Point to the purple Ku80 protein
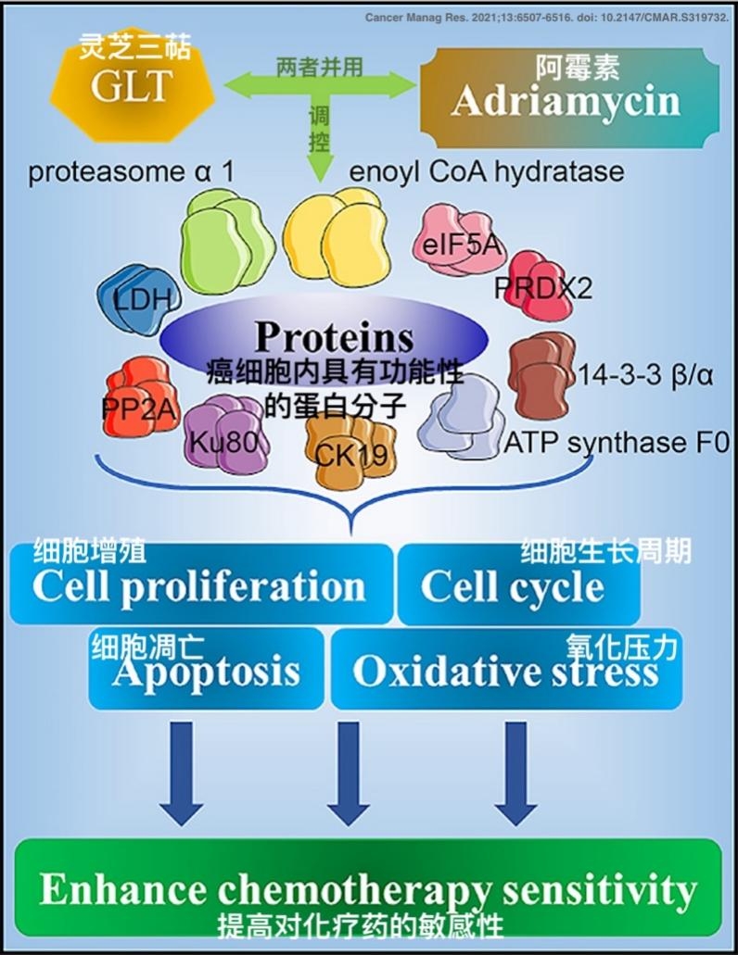[223, 434]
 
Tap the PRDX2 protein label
[542, 288]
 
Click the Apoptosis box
[207, 670]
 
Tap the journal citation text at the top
[546, 18]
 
